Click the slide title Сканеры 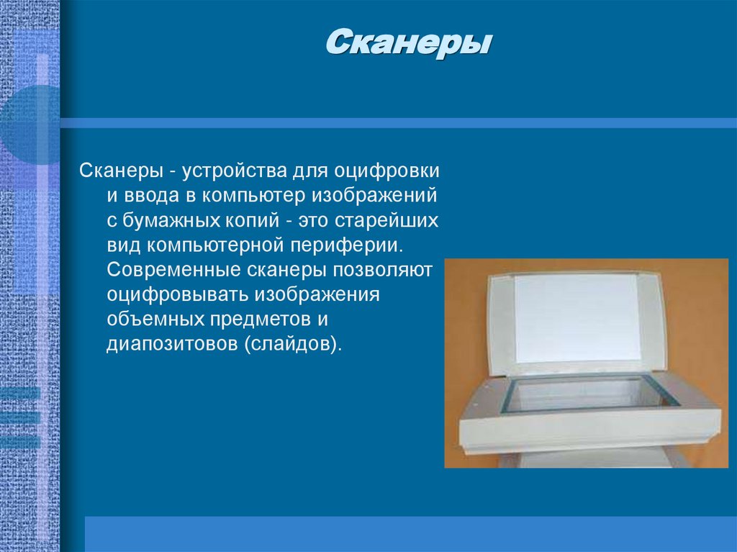point(408,44)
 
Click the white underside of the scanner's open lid point(576,317)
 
